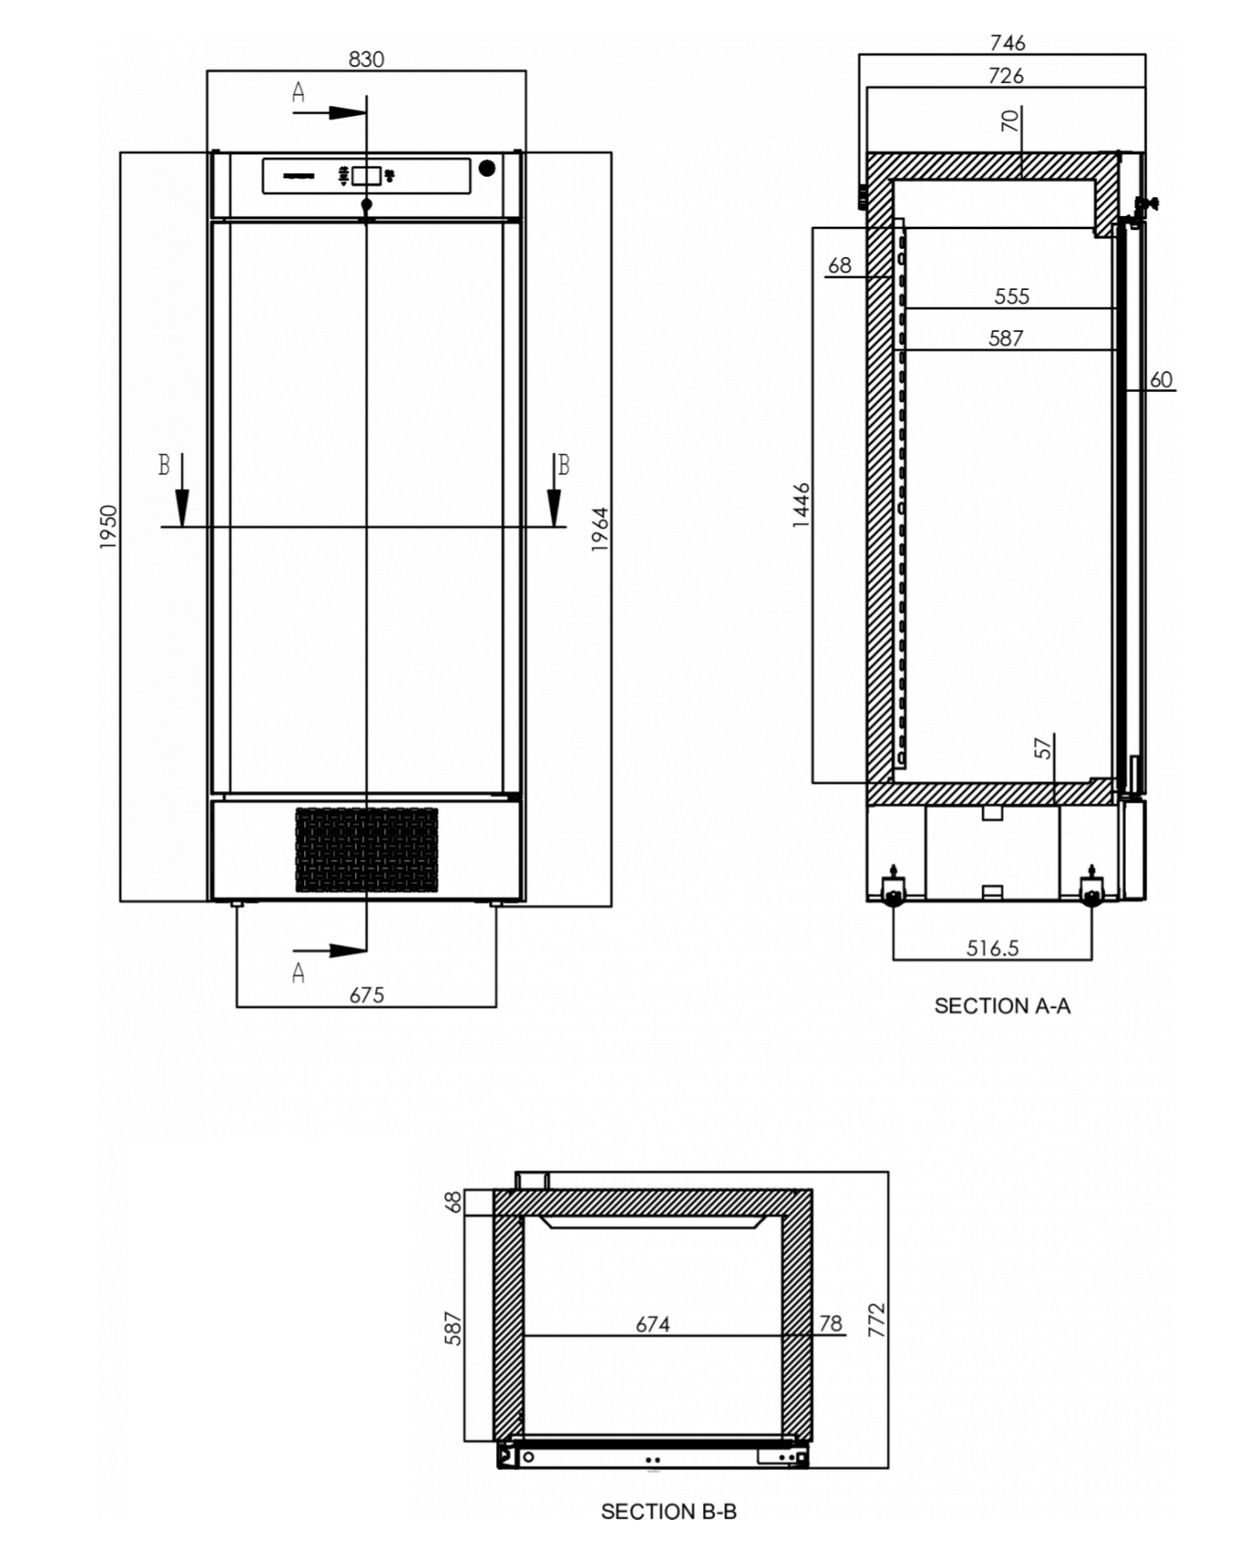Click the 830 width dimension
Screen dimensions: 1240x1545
tap(366, 59)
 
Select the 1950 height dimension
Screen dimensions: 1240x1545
tap(108, 527)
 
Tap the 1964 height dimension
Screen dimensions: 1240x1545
tap(600, 529)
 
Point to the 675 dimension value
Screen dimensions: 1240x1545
tap(367, 995)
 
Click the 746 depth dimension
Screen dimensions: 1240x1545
tap(1007, 42)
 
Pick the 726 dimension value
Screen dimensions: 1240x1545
tap(1005, 76)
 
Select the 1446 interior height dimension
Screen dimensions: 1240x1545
tap(801, 505)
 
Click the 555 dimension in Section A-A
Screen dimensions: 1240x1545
tap(1012, 296)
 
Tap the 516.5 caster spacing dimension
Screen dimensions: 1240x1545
tap(992, 947)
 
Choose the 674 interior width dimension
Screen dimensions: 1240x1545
tap(653, 1325)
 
